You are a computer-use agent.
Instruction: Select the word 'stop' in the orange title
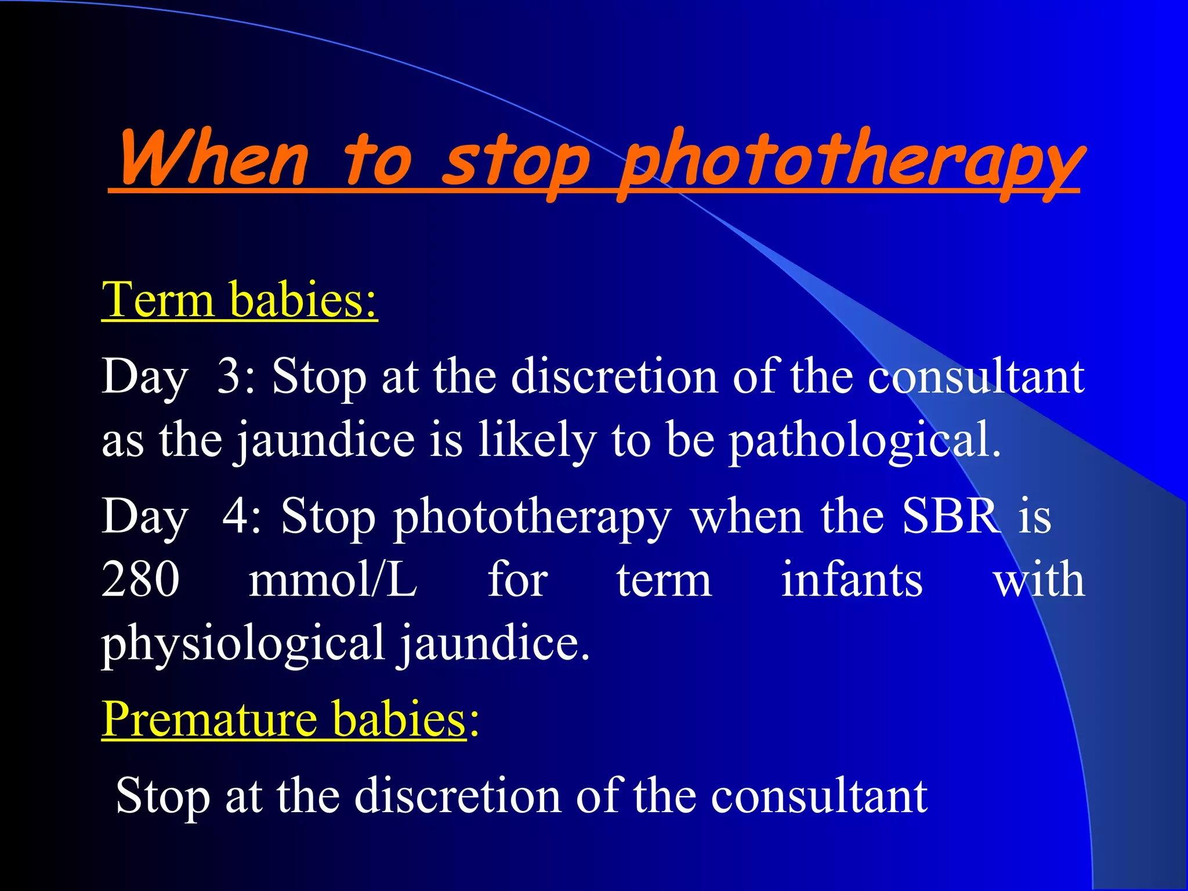coord(515,162)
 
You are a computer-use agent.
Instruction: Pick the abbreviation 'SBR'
coord(951,516)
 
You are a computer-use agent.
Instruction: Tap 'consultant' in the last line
coord(819,795)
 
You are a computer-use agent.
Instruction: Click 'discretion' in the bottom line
coord(457,795)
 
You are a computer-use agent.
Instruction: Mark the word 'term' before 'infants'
coord(664,580)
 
